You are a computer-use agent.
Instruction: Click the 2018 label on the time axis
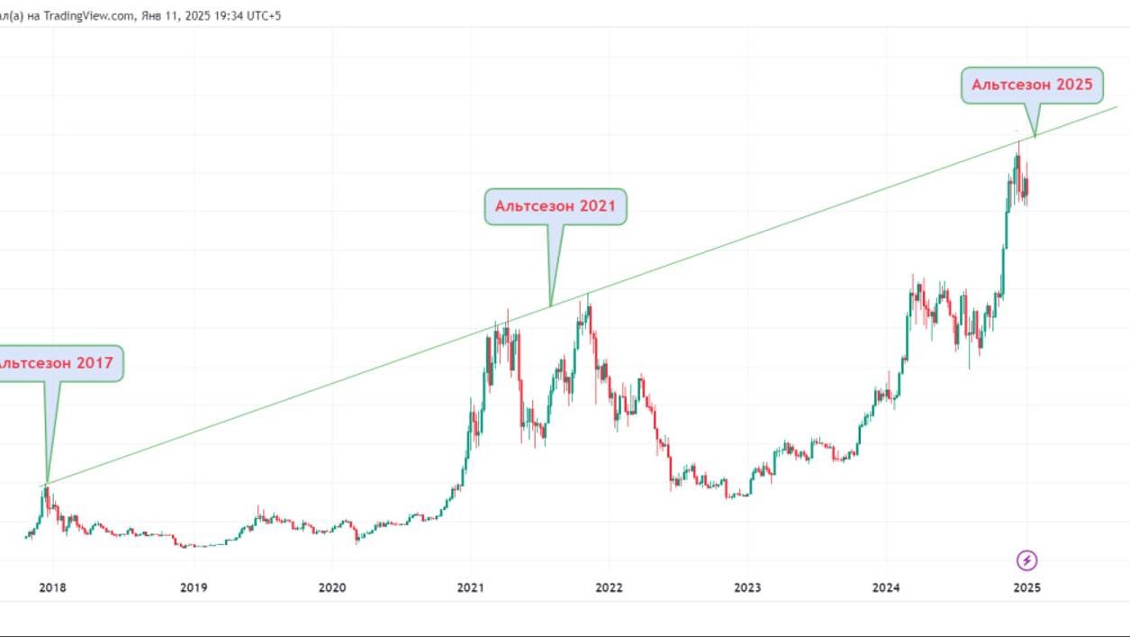point(53,588)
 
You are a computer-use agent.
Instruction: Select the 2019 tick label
point(194,588)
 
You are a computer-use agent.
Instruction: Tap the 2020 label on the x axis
point(332,588)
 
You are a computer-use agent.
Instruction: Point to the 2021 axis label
point(471,588)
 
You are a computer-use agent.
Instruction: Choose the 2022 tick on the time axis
point(609,588)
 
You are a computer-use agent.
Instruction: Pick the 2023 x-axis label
point(747,588)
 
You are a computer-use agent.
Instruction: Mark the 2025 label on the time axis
point(1027,588)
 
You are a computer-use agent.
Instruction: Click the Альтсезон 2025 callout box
point(1032,85)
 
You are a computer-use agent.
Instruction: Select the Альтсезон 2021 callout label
point(556,206)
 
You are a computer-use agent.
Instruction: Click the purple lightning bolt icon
point(1027,560)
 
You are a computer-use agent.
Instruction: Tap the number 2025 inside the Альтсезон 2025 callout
point(1073,85)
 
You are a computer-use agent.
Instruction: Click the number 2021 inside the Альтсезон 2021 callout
point(597,206)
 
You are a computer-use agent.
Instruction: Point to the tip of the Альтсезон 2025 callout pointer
point(1035,136)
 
